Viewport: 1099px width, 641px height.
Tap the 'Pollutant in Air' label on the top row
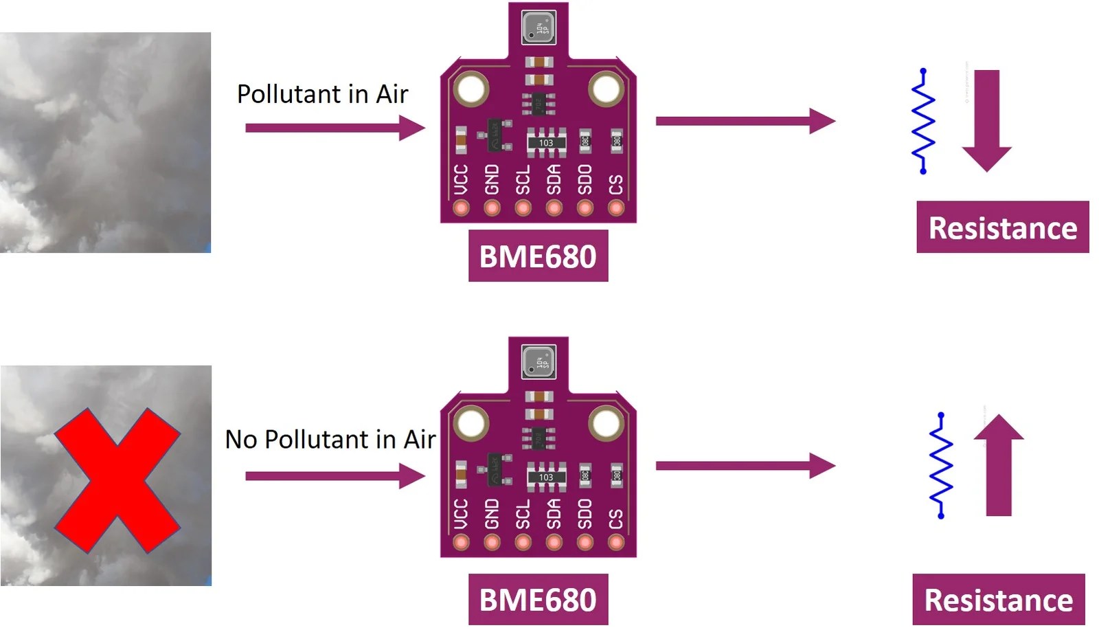tap(322, 94)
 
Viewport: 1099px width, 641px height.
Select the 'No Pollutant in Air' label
tap(330, 440)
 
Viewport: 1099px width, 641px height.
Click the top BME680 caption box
tap(538, 256)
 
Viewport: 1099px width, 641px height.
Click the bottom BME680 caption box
tap(538, 600)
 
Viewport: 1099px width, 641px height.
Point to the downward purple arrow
tap(986, 120)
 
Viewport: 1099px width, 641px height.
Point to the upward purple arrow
tap(999, 465)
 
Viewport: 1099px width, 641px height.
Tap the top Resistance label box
tap(1002, 227)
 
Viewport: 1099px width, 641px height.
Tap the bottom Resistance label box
tap(998, 600)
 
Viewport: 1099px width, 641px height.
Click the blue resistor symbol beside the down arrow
tap(923, 120)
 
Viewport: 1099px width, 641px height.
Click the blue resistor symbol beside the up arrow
tap(941, 465)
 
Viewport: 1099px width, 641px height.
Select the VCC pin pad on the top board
tap(461, 207)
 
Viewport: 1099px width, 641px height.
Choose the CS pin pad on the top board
tap(616, 207)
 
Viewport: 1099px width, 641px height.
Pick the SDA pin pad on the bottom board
tap(554, 543)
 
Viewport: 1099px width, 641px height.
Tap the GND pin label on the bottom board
tap(492, 514)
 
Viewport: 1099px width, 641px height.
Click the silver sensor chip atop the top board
tap(539, 28)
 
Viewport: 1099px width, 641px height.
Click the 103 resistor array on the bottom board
tap(545, 477)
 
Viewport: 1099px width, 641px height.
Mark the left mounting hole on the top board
tap(471, 89)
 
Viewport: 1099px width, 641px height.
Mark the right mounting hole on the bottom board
tap(607, 424)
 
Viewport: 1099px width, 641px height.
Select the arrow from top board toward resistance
tap(745, 121)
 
